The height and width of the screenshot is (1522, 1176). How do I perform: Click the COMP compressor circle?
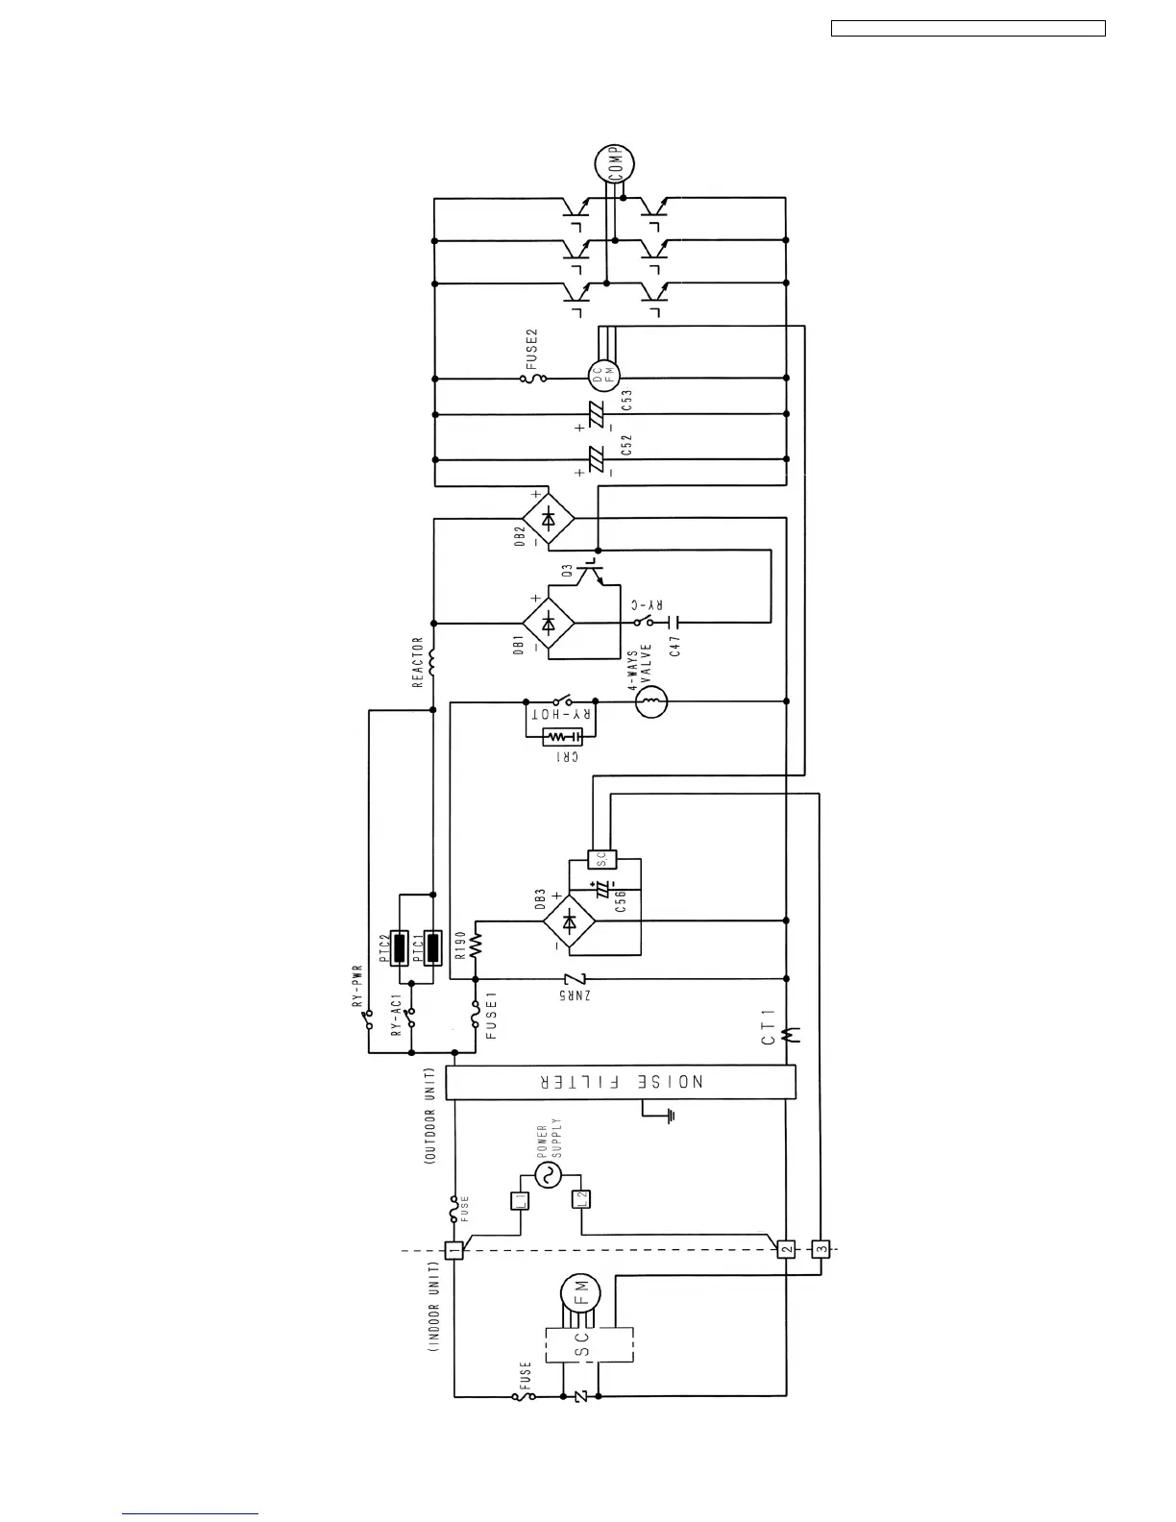[615, 164]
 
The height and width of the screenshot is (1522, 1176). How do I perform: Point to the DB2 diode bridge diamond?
[548, 520]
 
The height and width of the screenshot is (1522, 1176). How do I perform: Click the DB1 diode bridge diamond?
[548, 623]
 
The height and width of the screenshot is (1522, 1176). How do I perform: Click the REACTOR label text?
[418, 662]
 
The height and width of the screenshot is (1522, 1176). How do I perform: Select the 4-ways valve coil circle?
[650, 702]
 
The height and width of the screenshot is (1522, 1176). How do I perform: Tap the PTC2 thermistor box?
[407, 947]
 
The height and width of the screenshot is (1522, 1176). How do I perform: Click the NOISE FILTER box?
[621, 1082]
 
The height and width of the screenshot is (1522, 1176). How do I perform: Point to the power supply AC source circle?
[549, 1174]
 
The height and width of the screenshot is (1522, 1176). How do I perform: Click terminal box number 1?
[454, 1250]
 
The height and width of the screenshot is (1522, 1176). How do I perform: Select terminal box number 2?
[786, 1250]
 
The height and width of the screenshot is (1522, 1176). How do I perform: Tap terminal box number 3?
[821, 1250]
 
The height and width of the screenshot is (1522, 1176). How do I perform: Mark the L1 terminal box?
[519, 1199]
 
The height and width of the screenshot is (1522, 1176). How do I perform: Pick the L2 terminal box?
[579, 1199]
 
